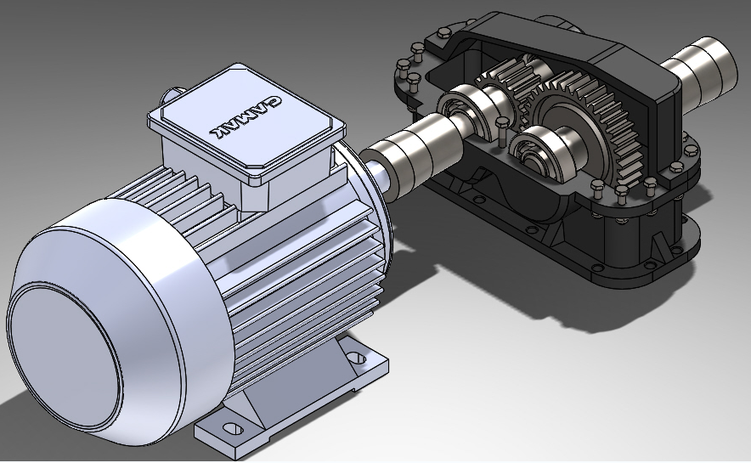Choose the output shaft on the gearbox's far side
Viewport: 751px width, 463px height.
point(705,68)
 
